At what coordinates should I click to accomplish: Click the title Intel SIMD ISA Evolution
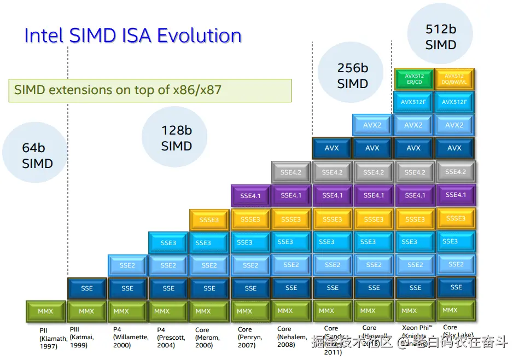(133, 36)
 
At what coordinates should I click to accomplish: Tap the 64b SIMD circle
(37, 155)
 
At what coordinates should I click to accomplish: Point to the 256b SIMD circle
(352, 76)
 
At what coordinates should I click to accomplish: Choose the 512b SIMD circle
(440, 37)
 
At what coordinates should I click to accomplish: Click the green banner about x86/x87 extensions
(150, 90)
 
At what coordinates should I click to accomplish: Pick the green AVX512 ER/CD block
(413, 79)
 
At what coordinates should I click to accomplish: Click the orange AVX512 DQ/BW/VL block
(454, 79)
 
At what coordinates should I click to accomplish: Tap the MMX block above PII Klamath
(45, 311)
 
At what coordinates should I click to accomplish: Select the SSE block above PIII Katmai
(86, 288)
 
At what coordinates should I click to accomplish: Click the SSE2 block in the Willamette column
(127, 265)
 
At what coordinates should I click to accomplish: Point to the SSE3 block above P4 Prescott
(168, 242)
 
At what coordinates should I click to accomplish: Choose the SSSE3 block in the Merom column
(209, 219)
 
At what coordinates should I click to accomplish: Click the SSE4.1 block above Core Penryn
(250, 196)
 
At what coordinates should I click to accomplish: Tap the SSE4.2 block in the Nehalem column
(291, 172)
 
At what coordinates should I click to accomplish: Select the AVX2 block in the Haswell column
(372, 125)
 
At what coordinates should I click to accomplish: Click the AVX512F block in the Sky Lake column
(454, 102)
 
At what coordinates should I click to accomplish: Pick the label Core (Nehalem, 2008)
(291, 337)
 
